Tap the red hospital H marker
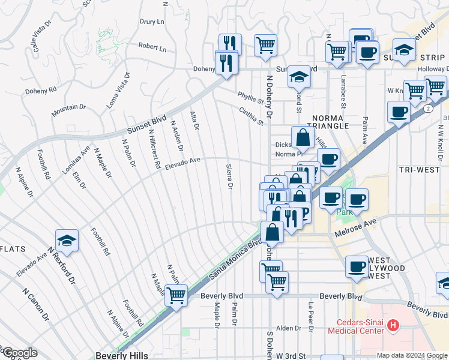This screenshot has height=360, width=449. pyautogui.click(x=393, y=325)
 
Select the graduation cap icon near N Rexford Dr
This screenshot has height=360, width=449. pyautogui.click(x=67, y=241)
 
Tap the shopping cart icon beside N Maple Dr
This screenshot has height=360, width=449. pyautogui.click(x=176, y=295)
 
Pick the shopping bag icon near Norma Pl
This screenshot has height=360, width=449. pyautogui.click(x=303, y=139)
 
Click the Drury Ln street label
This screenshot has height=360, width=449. pyautogui.click(x=152, y=22)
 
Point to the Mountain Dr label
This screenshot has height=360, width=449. pyautogui.click(x=68, y=107)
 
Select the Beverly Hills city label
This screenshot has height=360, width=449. pyautogui.click(x=121, y=355)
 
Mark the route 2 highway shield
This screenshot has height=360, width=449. pyautogui.click(x=426, y=109)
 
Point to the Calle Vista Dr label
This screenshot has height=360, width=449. pyautogui.click(x=37, y=39)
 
